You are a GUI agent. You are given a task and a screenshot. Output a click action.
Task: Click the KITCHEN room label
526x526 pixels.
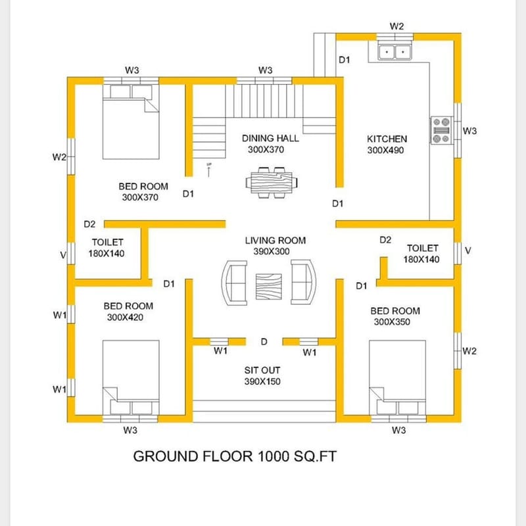pyautogui.click(x=387, y=139)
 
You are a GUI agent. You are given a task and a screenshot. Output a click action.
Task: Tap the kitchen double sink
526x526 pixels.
pyautogui.click(x=394, y=50)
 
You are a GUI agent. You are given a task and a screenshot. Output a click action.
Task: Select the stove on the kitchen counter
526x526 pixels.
pyautogui.click(x=441, y=130)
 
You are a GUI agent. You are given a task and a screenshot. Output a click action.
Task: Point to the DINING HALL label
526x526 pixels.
pyautogui.click(x=270, y=138)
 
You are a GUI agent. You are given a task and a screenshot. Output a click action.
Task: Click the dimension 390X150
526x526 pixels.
pyautogui.click(x=263, y=381)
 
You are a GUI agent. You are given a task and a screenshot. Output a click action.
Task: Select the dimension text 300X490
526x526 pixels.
pyautogui.click(x=387, y=150)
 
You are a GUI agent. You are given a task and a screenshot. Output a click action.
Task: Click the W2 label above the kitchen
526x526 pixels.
pyautogui.click(x=396, y=26)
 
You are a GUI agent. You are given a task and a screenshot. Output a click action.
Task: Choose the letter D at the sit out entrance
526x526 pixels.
pyautogui.click(x=264, y=341)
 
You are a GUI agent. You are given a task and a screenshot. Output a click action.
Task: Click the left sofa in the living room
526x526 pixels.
pyautogui.click(x=235, y=283)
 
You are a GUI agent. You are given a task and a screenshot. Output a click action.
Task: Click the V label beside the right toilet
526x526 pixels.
pyautogui.click(x=467, y=251)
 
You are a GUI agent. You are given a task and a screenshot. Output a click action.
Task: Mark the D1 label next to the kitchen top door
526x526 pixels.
pyautogui.click(x=345, y=60)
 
